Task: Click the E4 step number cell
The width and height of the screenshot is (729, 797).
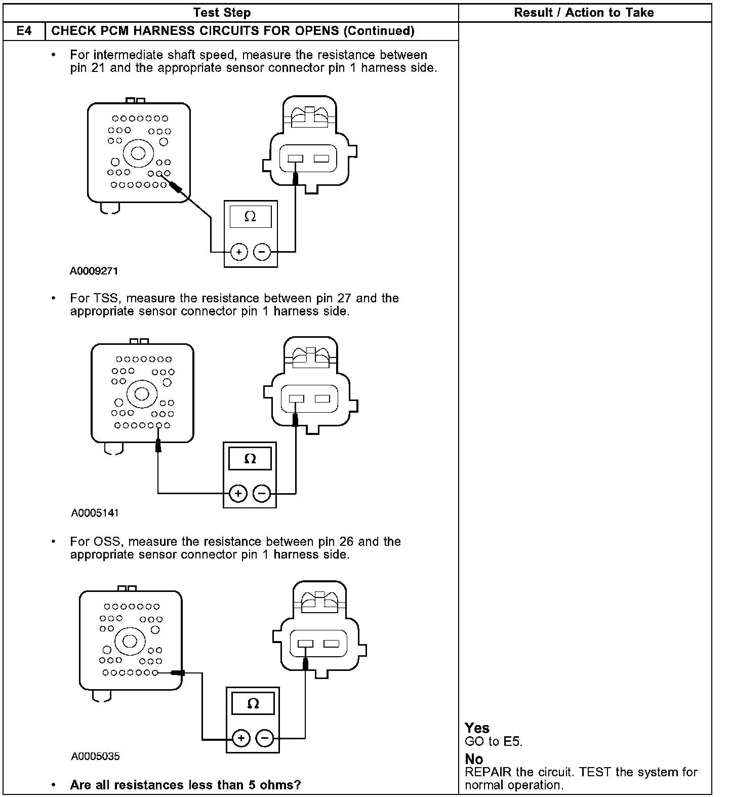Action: pos(24,31)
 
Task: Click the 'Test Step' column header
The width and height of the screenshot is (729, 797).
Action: pos(222,13)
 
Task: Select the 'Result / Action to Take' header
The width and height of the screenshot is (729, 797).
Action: pos(584,13)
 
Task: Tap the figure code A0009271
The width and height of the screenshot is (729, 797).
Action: pos(94,271)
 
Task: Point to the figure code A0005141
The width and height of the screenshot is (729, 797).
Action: pos(95,513)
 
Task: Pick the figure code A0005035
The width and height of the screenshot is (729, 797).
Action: pos(95,756)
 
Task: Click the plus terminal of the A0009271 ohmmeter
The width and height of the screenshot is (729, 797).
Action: pos(238,252)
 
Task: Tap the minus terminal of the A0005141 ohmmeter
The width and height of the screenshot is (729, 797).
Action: pos(262,493)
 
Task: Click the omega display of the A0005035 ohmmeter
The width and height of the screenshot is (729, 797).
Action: pos(253,703)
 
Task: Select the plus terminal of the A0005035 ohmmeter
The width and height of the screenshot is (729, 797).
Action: pos(241,739)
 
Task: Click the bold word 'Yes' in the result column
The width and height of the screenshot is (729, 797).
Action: pos(477,728)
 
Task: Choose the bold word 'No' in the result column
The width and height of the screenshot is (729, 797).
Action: pos(474,759)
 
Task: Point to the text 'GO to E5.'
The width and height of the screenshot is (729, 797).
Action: pos(494,742)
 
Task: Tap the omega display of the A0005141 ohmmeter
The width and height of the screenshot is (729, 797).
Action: pos(250,459)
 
